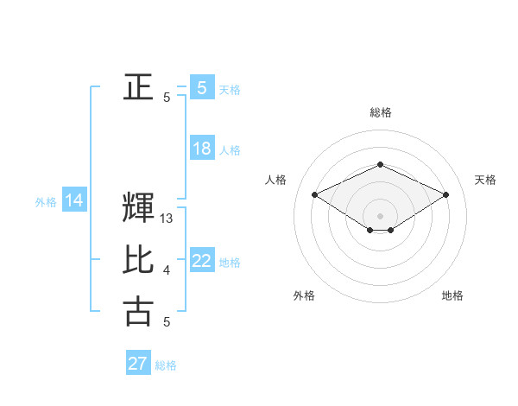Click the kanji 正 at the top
click(137, 87)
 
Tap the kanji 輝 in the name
click(137, 208)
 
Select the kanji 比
click(137, 260)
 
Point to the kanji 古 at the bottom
click(137, 311)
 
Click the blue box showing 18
click(202, 149)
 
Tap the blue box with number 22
click(202, 261)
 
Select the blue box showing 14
click(74, 201)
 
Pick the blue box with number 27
click(138, 364)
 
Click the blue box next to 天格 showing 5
click(202, 87)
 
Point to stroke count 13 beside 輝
click(167, 219)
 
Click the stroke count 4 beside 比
click(167, 271)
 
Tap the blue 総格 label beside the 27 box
click(166, 365)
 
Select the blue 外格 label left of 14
click(46, 203)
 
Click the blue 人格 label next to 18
click(231, 150)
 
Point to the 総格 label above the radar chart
click(381, 112)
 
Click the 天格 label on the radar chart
click(485, 180)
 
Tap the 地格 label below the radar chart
click(452, 295)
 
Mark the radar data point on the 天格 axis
click(446, 194)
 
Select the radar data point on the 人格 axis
click(315, 194)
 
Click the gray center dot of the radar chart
click(381, 214)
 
